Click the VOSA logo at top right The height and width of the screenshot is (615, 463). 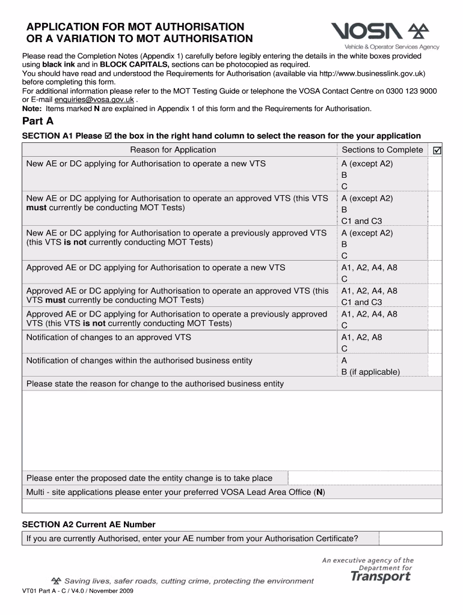(385, 35)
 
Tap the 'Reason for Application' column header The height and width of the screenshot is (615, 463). (173, 150)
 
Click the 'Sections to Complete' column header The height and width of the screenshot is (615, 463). (382, 150)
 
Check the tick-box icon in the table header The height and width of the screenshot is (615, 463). (437, 150)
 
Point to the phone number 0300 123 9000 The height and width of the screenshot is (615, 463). (411, 91)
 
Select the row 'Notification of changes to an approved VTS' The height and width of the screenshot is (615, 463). (109, 338)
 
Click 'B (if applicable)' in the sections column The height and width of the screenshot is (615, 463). (370, 372)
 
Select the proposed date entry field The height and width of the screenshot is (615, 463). (364, 478)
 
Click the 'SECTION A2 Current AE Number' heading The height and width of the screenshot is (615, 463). (88, 524)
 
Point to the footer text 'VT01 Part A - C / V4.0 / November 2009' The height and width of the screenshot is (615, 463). (78, 591)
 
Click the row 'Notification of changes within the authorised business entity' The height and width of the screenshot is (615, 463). (140, 361)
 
